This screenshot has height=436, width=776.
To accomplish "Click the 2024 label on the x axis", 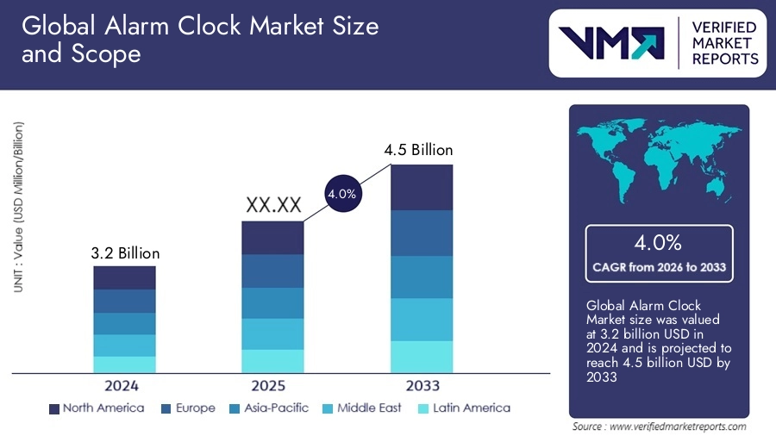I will point(124,385).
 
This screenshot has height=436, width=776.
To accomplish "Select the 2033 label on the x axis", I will point(422,385).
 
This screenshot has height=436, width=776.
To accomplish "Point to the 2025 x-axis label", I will point(272,385).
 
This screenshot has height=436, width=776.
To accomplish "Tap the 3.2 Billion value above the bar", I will point(125,253).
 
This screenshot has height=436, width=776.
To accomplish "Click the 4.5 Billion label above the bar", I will point(418,150).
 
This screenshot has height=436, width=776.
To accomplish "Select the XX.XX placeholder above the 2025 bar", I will point(273,206).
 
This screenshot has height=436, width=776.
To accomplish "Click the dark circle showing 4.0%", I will point(341,195).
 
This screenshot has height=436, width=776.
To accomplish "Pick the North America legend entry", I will point(97,408).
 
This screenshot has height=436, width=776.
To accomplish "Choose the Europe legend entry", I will point(187,408).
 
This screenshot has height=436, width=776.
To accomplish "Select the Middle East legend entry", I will point(362,408).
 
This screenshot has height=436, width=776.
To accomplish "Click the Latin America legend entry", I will point(463,408).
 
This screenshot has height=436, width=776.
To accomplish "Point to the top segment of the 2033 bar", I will point(422,187).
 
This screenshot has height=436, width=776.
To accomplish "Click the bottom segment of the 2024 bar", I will point(125,364).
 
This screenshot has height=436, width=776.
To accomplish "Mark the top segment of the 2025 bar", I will point(272,238).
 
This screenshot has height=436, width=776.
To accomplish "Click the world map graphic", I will point(659,160).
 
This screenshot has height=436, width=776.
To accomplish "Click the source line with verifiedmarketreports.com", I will point(660,426).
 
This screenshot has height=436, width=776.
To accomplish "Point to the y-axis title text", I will point(18,207).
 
